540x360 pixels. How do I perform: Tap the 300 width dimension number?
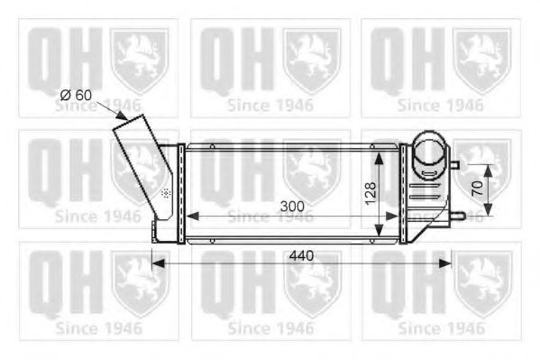pos(291,206)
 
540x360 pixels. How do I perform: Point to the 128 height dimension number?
pos(371,192)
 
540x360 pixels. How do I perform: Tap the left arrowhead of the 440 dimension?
pos(156,263)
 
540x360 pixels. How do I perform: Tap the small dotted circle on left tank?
pos(166,193)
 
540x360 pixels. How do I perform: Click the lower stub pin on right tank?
pos(455,215)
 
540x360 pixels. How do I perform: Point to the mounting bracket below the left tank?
pos(161,231)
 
